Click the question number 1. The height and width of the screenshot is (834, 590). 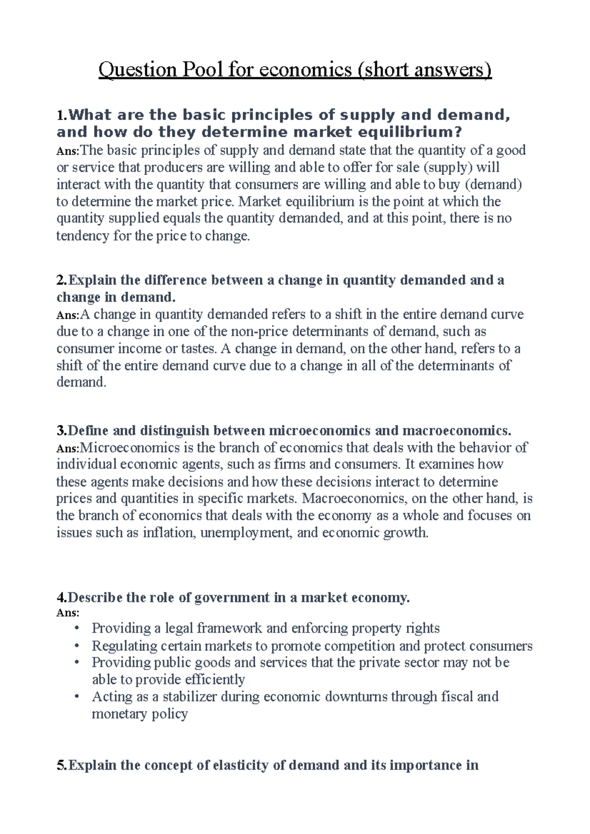coord(60,115)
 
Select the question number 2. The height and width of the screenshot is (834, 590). coord(60,280)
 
